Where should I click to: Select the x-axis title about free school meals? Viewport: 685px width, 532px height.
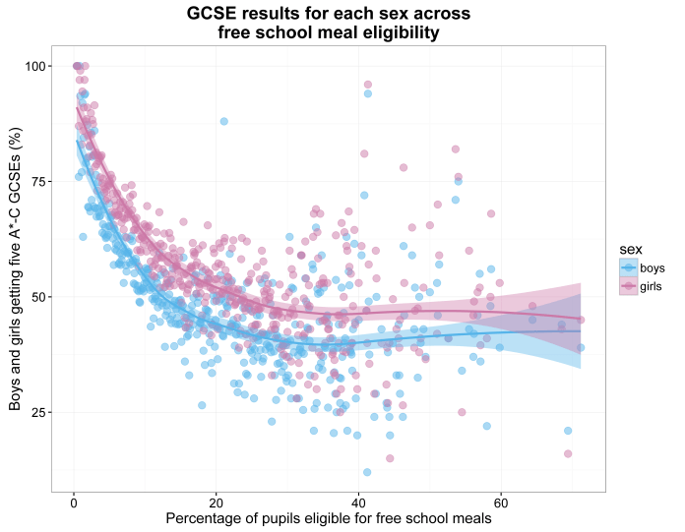[x=328, y=518]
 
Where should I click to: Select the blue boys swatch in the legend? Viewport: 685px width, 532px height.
[x=627, y=267]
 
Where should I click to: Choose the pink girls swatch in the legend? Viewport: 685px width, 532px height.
[x=627, y=285]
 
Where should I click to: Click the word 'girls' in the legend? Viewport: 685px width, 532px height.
[x=653, y=285]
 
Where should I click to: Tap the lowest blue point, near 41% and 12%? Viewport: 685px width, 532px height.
[x=366, y=472]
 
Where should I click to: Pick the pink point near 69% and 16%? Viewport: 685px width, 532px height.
[x=568, y=453]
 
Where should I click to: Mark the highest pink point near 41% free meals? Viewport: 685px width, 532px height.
[x=368, y=85]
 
